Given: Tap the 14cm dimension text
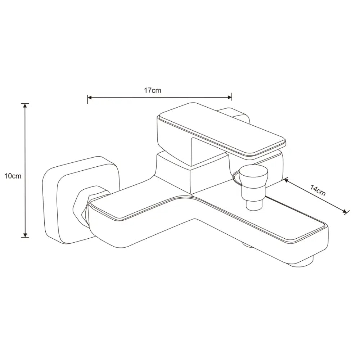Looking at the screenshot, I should coord(318,190).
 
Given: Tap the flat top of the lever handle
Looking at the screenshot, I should coord(221,130).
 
